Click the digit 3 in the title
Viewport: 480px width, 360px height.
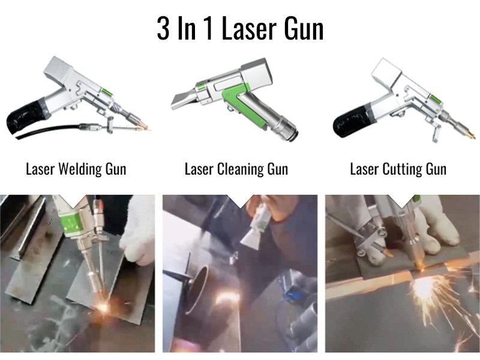[x=163, y=28]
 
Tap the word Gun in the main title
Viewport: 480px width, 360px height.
[x=304, y=28]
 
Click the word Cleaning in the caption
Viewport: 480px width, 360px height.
[x=241, y=169]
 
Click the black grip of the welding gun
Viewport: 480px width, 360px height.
[x=25, y=118]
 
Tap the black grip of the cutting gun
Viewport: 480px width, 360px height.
[x=350, y=122]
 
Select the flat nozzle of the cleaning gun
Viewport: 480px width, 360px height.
[x=183, y=99]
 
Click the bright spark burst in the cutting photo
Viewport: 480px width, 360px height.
[x=424, y=288]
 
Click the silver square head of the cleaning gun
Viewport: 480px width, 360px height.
[x=257, y=73]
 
